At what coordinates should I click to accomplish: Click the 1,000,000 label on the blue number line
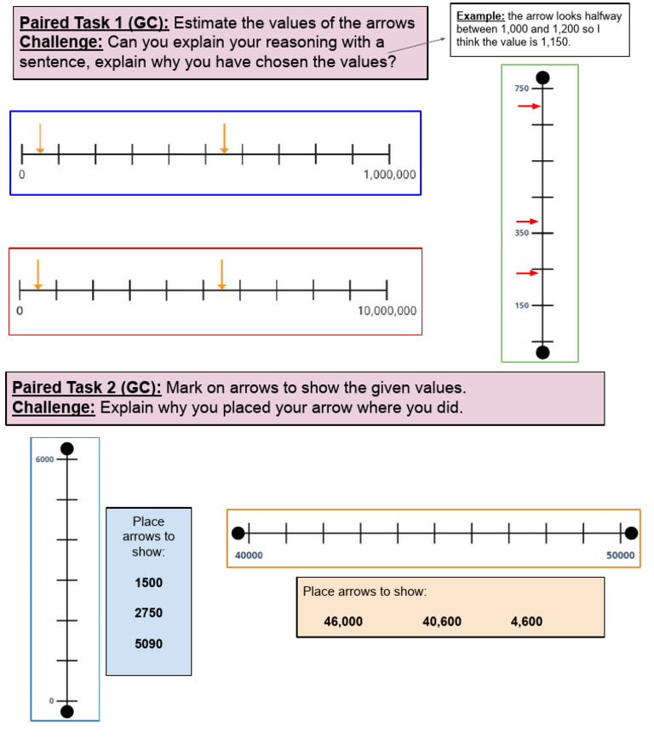coord(389,175)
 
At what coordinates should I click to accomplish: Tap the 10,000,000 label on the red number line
coord(387,311)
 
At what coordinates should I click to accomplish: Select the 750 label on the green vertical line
coord(521,89)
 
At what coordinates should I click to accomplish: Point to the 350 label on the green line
coord(521,233)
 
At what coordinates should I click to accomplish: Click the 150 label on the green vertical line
coord(521,305)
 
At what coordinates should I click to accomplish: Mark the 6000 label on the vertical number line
coord(44,459)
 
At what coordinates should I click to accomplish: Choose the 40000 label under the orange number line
coord(249,556)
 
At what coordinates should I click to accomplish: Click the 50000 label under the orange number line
coord(620,556)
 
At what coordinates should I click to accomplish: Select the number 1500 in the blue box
coord(148,583)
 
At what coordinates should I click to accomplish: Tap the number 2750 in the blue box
coord(148,613)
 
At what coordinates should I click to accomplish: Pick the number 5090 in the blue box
coord(148,644)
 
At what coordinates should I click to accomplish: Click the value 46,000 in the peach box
coord(343,622)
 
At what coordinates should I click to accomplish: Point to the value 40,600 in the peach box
coord(442,622)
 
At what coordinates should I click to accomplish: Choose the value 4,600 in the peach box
coord(526,622)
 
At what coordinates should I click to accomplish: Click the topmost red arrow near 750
coord(530,107)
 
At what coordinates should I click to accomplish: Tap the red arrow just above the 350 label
coord(527,222)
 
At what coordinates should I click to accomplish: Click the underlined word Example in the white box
coord(480,16)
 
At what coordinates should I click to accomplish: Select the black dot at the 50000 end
coord(631,533)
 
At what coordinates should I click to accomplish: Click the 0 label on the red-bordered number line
coord(20,311)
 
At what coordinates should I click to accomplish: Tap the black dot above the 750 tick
coord(543,78)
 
